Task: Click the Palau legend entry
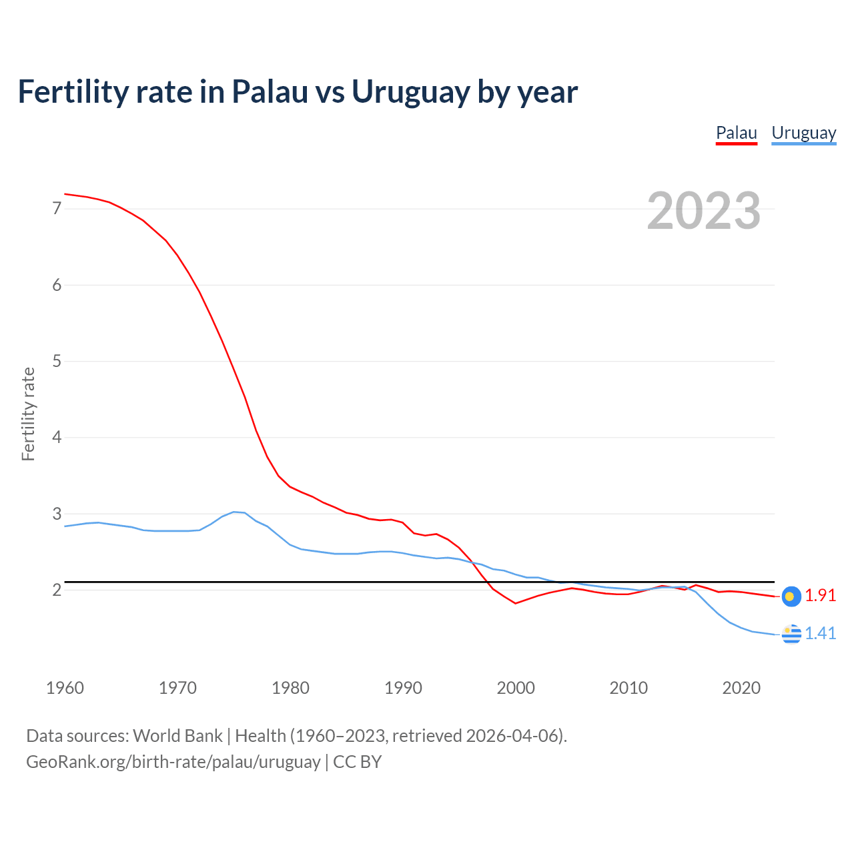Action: (736, 133)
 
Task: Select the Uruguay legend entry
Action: (803, 133)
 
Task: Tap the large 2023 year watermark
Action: (703, 211)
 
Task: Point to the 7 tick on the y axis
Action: (57, 209)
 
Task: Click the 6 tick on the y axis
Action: (57, 285)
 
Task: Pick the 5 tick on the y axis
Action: (57, 361)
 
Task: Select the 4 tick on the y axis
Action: (57, 438)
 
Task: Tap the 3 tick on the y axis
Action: (57, 514)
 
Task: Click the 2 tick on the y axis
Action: (57, 590)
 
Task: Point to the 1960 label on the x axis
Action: (65, 688)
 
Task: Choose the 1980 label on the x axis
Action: (290, 688)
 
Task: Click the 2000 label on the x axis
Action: (516, 688)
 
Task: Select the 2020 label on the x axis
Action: (741, 688)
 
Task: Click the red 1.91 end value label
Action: (820, 596)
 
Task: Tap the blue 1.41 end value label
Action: (820, 634)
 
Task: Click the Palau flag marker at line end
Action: (791, 596)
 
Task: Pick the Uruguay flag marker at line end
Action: (791, 634)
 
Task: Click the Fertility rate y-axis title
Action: (28, 414)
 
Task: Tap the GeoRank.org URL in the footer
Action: (173, 762)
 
